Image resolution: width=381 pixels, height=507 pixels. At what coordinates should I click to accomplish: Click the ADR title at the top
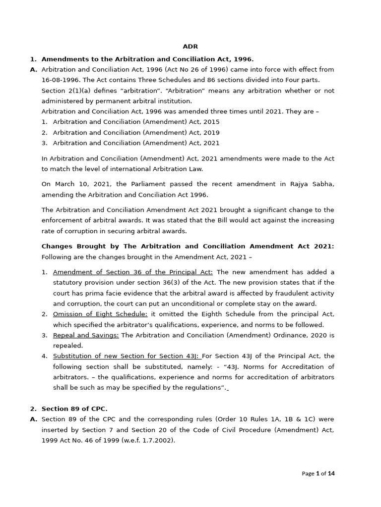coord(190,47)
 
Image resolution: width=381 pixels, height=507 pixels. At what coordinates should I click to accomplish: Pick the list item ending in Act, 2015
coord(136,122)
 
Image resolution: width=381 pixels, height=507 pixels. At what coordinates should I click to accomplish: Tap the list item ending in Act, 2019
coord(136,133)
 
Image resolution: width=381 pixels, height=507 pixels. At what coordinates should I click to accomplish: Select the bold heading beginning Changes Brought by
coord(188,246)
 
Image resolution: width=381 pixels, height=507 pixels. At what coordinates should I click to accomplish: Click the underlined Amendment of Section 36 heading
coord(132,272)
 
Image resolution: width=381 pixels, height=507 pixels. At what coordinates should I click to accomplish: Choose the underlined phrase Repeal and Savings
coord(86,335)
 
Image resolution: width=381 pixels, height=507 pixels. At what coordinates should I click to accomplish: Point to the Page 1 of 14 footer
coord(318,474)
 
